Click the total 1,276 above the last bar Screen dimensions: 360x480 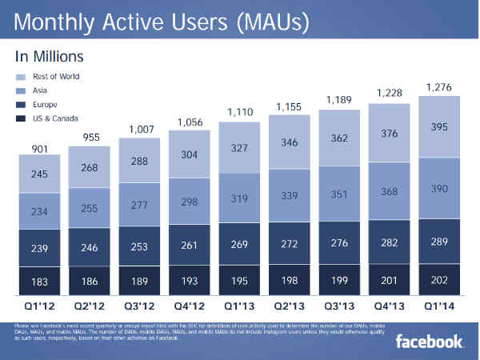439,87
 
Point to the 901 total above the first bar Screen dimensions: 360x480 39,149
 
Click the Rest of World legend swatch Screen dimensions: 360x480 20,77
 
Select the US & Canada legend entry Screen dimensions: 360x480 55,118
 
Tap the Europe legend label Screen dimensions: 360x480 46,104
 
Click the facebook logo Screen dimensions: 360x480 430,342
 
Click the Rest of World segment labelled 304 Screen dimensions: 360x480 190,156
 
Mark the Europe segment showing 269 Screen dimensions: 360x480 239,246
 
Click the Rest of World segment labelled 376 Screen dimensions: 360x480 390,134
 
